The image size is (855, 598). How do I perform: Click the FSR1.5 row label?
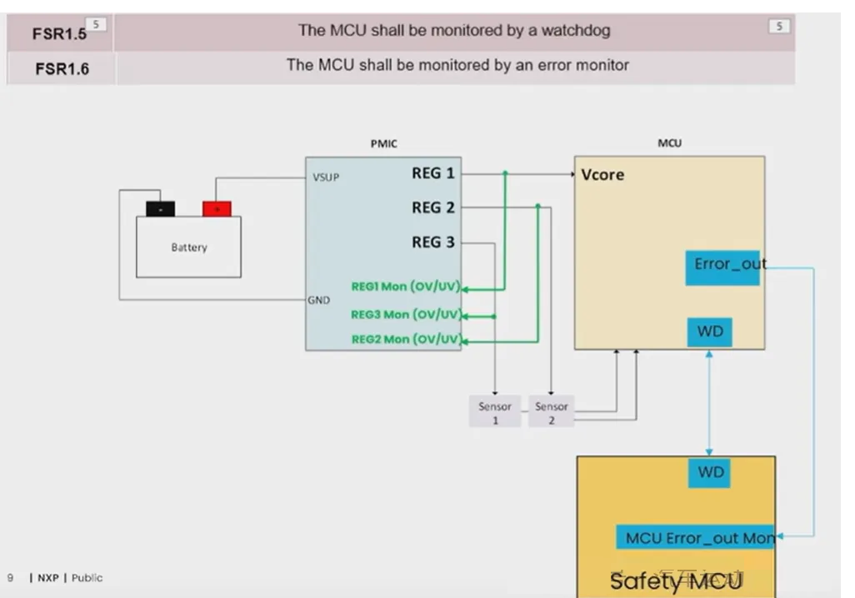(x=57, y=34)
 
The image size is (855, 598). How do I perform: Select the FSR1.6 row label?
(x=62, y=69)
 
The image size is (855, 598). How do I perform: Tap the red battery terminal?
(x=217, y=208)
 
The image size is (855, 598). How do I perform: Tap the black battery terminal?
(x=160, y=208)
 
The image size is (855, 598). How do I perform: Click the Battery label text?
(x=189, y=247)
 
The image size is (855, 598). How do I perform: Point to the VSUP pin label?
(x=326, y=177)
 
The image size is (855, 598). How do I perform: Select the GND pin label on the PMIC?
(x=319, y=300)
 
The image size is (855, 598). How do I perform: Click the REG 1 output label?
(x=433, y=173)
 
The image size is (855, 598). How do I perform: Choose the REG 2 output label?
(x=433, y=207)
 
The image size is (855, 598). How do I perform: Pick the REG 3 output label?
(x=433, y=242)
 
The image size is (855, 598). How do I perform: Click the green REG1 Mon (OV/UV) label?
(x=406, y=287)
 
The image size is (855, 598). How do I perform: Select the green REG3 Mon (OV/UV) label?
(x=406, y=315)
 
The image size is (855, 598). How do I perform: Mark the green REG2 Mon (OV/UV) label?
(x=406, y=339)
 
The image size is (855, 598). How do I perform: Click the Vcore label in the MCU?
(x=602, y=175)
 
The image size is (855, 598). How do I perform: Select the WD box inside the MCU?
(x=710, y=332)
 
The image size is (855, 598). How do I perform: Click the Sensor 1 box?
(x=495, y=412)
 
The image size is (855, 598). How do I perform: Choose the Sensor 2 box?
(x=551, y=412)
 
